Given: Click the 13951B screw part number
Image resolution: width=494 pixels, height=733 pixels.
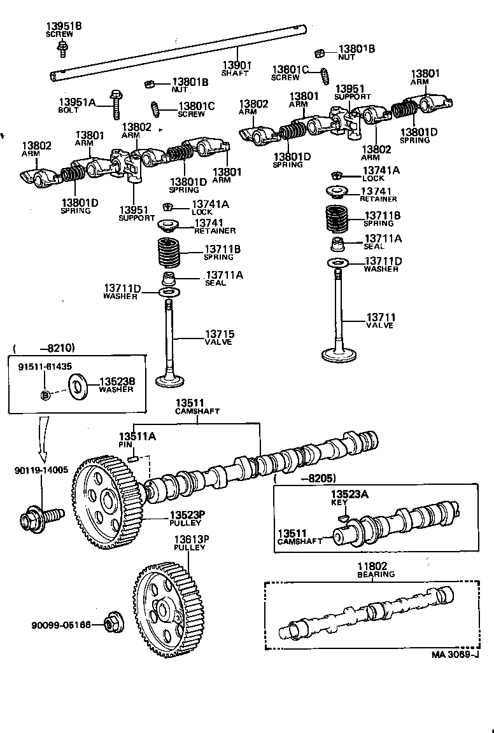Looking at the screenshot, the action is tap(64, 25).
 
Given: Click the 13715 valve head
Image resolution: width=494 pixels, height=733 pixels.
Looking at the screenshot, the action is tap(169, 380).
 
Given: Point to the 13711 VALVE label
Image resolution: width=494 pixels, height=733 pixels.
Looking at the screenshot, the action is tap(380, 321).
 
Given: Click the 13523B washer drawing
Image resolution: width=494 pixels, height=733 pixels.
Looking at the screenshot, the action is tap(78, 387).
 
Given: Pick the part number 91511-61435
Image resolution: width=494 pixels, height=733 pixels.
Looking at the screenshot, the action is tap(45, 367).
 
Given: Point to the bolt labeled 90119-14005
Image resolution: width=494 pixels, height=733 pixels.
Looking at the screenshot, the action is tap(41, 516).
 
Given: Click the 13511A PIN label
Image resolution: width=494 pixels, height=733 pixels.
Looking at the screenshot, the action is tap(137, 440).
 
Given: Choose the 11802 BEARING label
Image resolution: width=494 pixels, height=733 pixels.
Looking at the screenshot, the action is tap(376, 570).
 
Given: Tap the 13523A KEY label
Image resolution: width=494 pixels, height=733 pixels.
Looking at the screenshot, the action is tap(349, 498).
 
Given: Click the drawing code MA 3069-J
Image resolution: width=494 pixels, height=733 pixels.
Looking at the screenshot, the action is tap(455, 654).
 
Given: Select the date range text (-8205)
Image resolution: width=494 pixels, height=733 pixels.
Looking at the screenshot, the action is tap(304, 478).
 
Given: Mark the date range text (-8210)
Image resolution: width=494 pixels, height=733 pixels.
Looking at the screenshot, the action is tap(45, 348).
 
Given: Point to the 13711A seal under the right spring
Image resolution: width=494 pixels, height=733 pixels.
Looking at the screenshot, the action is tap(338, 244).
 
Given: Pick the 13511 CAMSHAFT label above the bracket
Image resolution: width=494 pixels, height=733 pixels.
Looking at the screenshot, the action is tap(197, 407).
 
